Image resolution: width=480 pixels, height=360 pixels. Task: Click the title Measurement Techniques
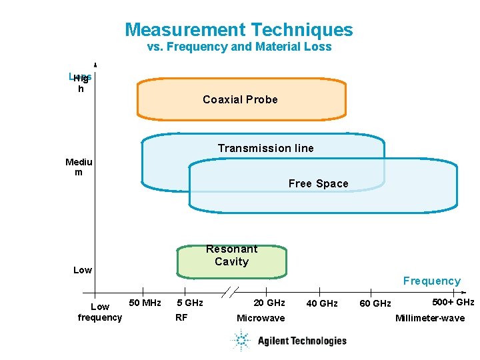(239, 30)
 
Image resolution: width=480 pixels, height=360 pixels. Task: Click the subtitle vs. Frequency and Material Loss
(239, 47)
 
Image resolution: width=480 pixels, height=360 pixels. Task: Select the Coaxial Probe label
(240, 99)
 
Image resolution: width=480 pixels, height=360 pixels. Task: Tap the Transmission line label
(265, 148)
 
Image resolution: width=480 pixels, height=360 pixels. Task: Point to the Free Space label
(318, 183)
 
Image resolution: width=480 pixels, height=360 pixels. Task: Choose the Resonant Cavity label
(231, 255)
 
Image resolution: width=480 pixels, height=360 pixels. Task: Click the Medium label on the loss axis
(79, 167)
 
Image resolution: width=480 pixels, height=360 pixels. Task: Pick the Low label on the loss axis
(83, 270)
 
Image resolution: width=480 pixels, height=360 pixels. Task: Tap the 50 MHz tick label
(145, 303)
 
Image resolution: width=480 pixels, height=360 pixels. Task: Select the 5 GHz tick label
(189, 303)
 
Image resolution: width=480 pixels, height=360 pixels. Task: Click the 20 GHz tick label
(269, 303)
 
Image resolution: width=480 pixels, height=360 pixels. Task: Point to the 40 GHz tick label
(321, 304)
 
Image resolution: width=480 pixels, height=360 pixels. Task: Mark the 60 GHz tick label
(375, 304)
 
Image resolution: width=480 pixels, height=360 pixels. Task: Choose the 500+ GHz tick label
(453, 302)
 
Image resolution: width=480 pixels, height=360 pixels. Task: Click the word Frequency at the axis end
(431, 281)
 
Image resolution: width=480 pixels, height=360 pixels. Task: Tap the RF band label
(181, 317)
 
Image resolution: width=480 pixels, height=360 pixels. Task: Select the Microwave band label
(261, 318)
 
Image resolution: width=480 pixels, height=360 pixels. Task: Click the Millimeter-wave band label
(430, 318)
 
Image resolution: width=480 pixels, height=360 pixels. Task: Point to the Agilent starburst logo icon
(241, 340)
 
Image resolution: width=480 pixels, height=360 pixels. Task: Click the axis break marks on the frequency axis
(230, 292)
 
